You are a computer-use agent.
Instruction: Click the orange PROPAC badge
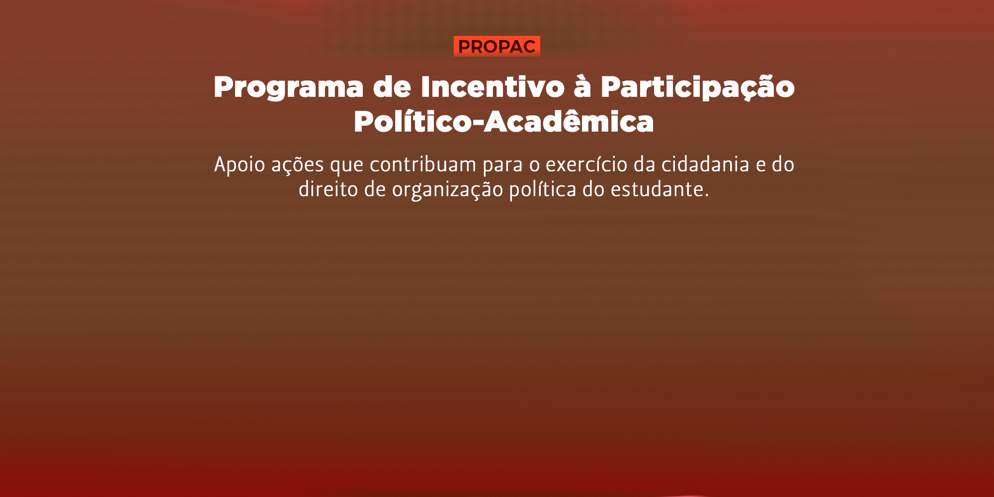click(497, 46)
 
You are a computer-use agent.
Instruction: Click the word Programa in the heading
click(289, 87)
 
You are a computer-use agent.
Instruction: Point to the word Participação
click(698, 87)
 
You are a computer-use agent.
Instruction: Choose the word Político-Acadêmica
click(503, 121)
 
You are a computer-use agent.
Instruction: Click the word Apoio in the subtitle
click(240, 165)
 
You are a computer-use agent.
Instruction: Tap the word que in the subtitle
click(346, 166)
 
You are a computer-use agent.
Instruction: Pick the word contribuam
click(423, 164)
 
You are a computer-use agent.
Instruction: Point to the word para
click(502, 166)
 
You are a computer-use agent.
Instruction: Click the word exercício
click(586, 164)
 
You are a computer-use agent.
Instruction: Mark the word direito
click(328, 189)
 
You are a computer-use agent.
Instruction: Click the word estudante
click(656, 189)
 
